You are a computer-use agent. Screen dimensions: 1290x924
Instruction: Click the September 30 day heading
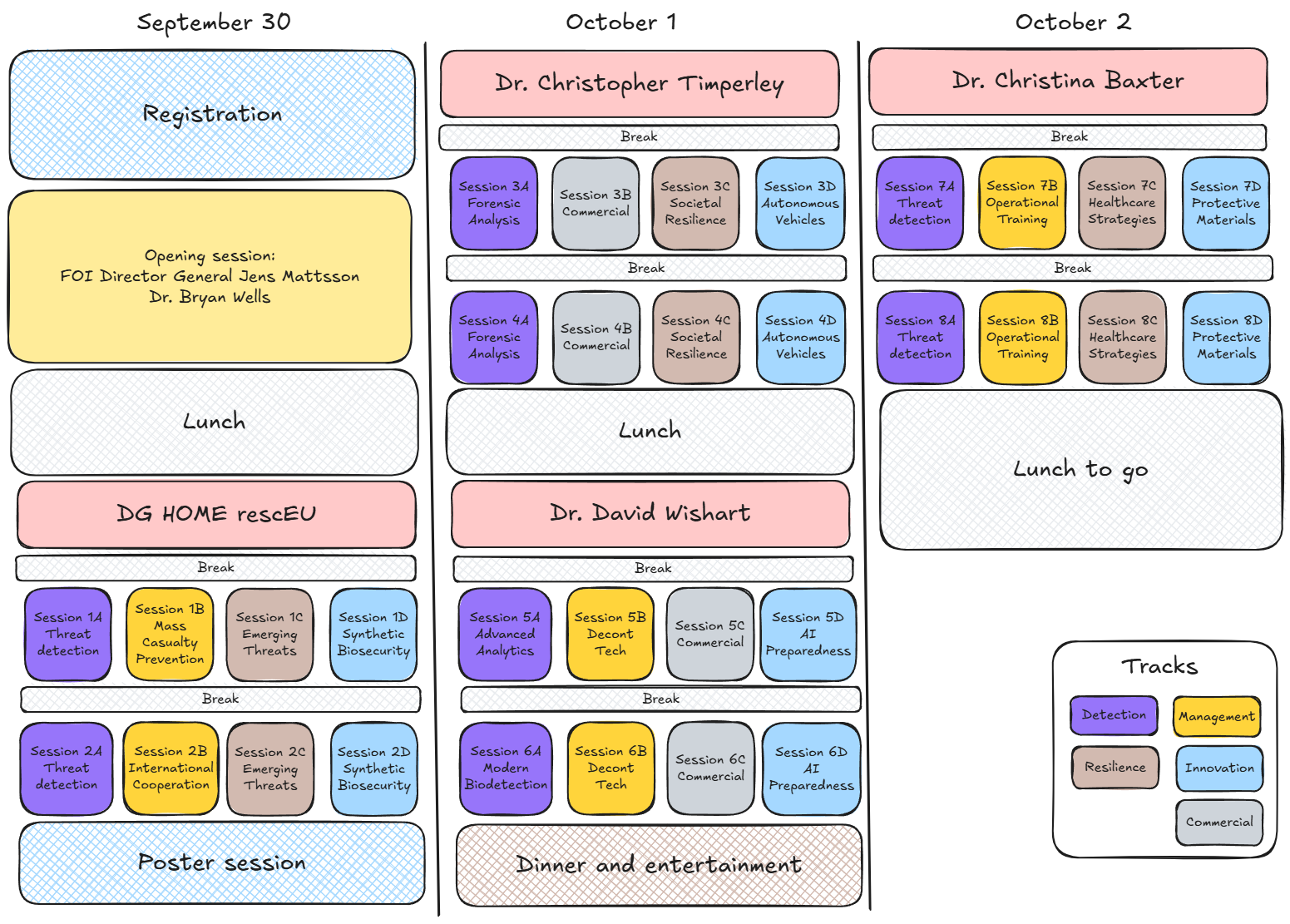click(214, 22)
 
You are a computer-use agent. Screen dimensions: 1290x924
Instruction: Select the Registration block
click(212, 115)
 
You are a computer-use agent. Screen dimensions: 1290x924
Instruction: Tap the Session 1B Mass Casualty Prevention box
click(170, 634)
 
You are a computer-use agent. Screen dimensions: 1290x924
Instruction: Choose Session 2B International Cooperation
click(171, 768)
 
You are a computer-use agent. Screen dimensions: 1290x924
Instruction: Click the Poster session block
click(222, 862)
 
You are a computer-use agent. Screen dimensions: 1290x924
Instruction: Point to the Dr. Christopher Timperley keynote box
click(640, 84)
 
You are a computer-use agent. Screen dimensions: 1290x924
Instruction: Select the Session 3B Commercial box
click(596, 203)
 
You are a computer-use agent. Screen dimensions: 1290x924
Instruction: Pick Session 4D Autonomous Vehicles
click(801, 338)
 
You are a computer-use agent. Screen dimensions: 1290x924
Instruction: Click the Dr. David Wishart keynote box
click(650, 513)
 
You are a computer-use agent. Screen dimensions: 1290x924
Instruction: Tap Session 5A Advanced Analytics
click(505, 634)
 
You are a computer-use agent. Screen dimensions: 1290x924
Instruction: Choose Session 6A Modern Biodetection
click(507, 768)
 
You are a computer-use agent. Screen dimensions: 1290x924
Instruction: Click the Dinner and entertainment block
click(659, 865)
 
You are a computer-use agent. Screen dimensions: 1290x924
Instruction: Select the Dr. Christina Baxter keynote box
click(1068, 82)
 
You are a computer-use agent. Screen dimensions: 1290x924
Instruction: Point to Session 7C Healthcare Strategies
click(1122, 203)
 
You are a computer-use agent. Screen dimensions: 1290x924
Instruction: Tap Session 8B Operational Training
click(1023, 338)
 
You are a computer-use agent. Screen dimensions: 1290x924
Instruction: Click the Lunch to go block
click(1081, 470)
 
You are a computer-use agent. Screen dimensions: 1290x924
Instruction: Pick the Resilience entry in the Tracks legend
click(1115, 768)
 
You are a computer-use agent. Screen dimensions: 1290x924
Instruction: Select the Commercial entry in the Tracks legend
click(1219, 822)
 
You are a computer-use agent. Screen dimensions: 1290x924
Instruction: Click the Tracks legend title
click(1159, 667)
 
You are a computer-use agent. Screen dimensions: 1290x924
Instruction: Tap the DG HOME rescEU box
click(216, 514)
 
